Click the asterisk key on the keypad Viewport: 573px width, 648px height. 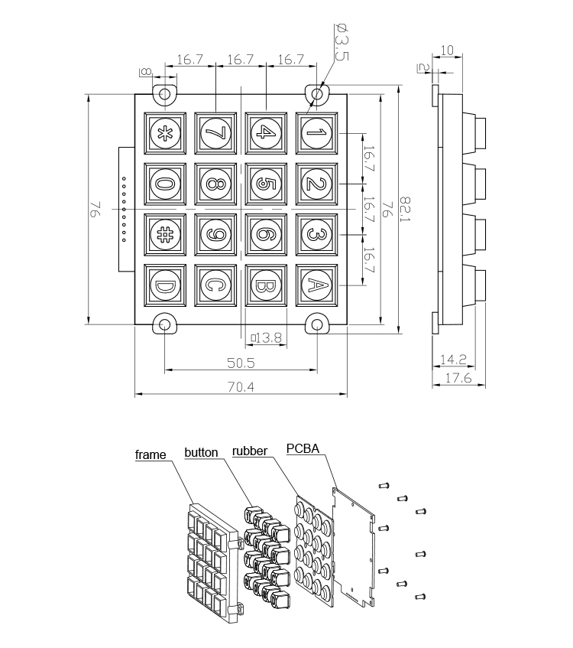tap(164, 133)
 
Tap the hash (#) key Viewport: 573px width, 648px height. tap(164, 233)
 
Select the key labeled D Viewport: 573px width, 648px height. tap(164, 285)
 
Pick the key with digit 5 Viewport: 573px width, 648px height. tap(265, 184)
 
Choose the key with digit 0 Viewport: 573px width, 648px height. tap(164, 184)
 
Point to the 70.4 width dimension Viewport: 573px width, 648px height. tap(240, 387)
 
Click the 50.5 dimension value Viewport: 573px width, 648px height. tap(241, 361)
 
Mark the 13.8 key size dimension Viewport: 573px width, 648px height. tap(267, 337)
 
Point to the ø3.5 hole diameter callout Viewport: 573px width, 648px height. tap(341, 42)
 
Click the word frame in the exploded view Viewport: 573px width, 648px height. tap(151, 455)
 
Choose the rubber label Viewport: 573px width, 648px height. tap(249, 451)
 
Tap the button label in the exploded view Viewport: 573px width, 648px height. tap(201, 451)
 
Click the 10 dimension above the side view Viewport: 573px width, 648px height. tap(448, 50)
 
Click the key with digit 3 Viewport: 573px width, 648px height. tap(316, 233)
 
